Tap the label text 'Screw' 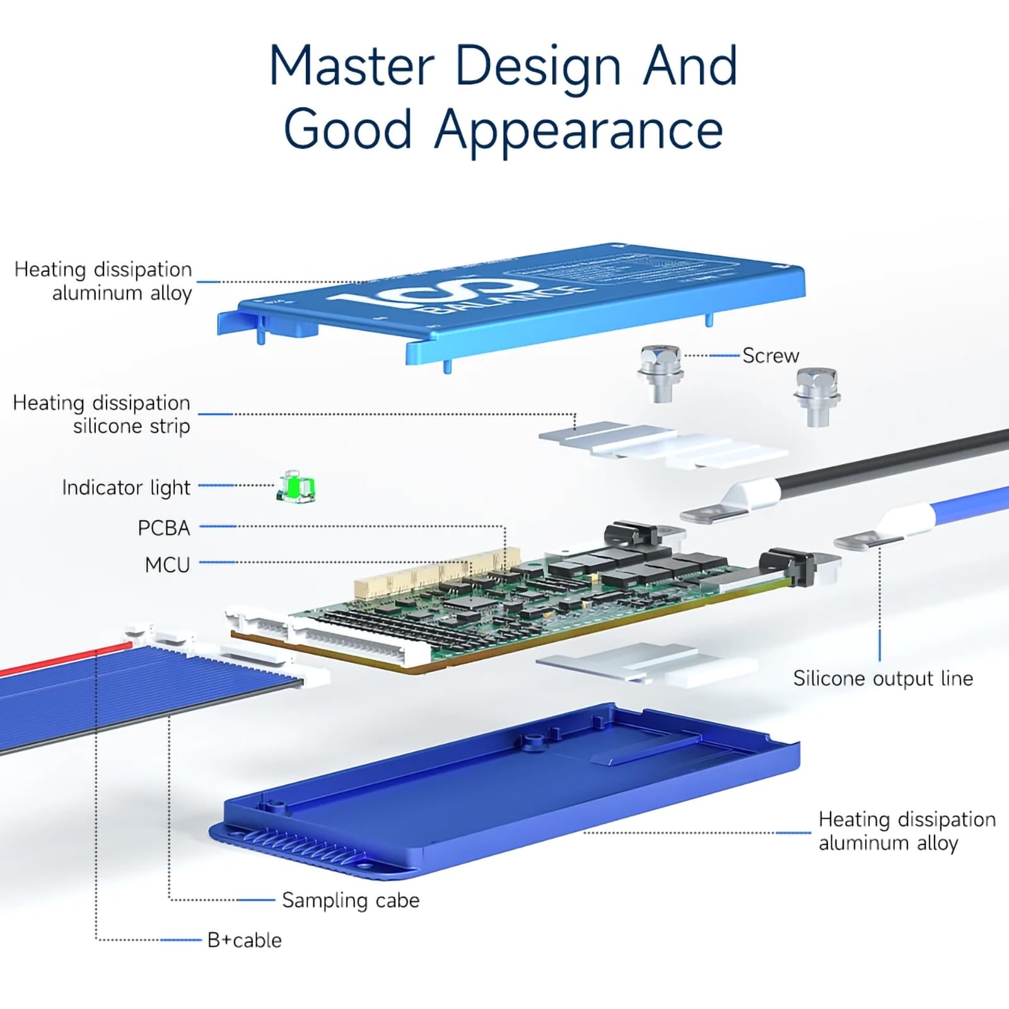pyautogui.click(x=770, y=356)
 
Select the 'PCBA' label pyautogui.click(x=163, y=528)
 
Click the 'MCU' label pyautogui.click(x=167, y=564)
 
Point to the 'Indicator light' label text pyautogui.click(x=125, y=487)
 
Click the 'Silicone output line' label pyautogui.click(x=882, y=679)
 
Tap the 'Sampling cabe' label pyautogui.click(x=350, y=900)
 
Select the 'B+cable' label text pyautogui.click(x=244, y=940)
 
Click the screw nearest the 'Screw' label pyautogui.click(x=660, y=372)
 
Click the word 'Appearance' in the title pyautogui.click(x=578, y=129)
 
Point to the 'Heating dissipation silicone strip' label pyautogui.click(x=101, y=414)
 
